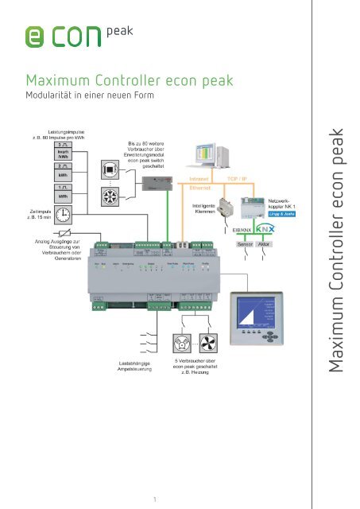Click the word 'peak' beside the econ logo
(118, 33)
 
